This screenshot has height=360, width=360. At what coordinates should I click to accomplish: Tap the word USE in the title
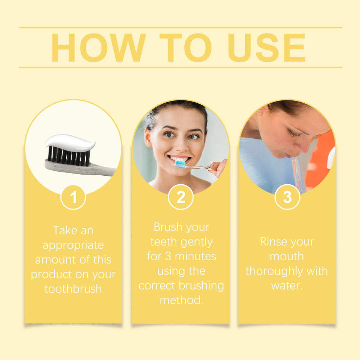266,48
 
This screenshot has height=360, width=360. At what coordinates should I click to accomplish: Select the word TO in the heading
186,48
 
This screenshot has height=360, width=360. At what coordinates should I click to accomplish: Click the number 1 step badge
73,197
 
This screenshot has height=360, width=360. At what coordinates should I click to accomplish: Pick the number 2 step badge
181,197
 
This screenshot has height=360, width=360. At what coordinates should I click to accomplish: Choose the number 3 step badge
287,197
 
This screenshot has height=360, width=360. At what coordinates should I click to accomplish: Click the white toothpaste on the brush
70,143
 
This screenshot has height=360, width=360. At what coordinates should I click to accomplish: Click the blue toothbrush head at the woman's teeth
180,164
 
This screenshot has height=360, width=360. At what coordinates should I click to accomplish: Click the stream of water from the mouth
297,174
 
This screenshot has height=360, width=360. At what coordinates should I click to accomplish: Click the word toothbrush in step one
73,289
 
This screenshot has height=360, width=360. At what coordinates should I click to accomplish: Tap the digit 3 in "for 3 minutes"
168,256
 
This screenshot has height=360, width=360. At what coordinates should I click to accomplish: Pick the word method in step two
181,300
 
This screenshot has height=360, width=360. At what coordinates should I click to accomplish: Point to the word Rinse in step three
272,242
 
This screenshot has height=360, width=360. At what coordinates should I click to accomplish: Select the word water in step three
287,286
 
